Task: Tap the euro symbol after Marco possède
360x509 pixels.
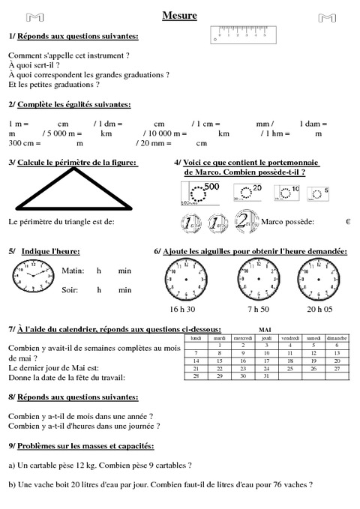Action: (348, 222)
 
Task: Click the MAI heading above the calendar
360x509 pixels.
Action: (265, 328)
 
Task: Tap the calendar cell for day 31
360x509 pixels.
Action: (266, 376)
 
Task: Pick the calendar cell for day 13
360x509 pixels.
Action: (337, 352)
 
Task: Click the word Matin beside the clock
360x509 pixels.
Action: (73, 270)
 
